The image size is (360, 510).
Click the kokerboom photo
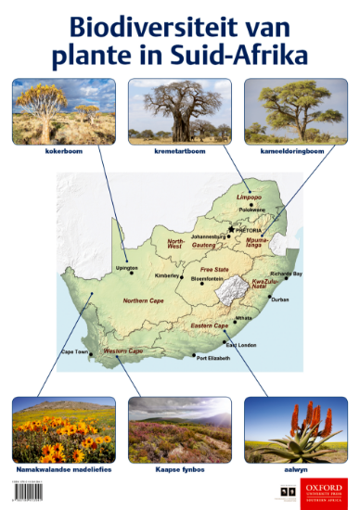63,110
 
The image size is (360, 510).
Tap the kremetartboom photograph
179,110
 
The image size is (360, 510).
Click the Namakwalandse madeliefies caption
64,469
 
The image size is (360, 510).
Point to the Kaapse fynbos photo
179,429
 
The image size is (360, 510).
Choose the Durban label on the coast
279,300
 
